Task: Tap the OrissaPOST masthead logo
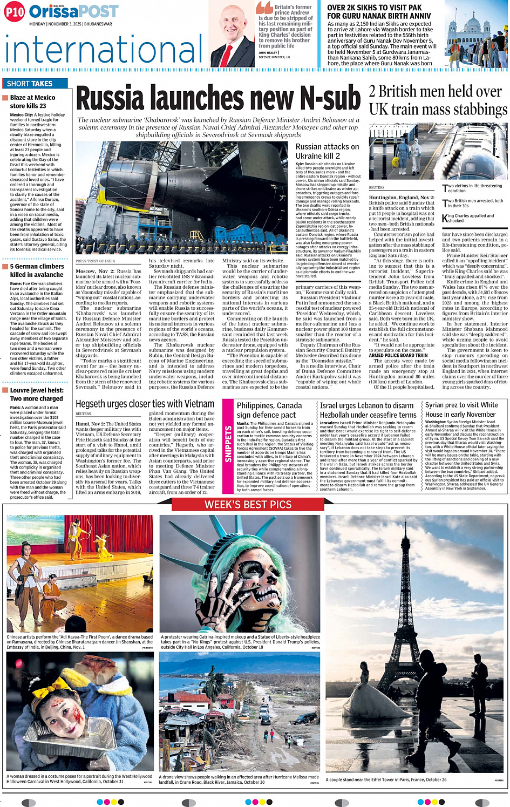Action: pos(73,11)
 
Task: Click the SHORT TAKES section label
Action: pos(30,84)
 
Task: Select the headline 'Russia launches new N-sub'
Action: pos(218,99)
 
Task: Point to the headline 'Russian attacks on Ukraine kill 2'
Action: pos(327,151)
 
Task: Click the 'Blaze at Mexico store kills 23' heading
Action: pos(32,101)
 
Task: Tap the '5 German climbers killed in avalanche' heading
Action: pos(37,270)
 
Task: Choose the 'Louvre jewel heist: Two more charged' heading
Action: pos(36,394)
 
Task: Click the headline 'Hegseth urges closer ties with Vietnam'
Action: pos(145,404)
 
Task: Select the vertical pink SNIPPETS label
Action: pos(228,444)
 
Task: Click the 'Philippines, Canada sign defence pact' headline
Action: pos(269,410)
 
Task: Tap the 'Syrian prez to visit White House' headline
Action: pos(461,410)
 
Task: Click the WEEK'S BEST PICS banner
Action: pos(248,505)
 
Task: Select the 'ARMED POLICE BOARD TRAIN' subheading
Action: pos(398,355)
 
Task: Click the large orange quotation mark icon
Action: pos(264,8)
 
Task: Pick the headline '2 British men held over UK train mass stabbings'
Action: pos(438,100)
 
